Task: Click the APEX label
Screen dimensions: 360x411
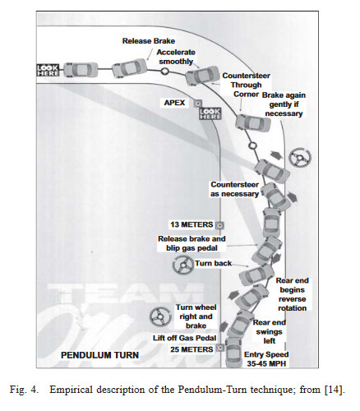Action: tap(174, 103)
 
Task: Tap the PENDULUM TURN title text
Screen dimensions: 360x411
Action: tap(99, 355)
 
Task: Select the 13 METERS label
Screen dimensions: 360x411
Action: tap(192, 224)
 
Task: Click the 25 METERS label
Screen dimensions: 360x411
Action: tap(192, 349)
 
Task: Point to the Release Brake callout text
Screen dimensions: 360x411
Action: tap(149, 41)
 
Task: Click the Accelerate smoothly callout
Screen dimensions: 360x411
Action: tap(176, 57)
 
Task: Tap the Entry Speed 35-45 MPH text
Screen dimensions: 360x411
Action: tap(266, 359)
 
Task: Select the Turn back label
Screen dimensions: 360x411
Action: tap(213, 263)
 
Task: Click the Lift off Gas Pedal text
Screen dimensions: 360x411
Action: tap(184, 338)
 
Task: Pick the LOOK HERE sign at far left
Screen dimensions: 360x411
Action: tap(48, 71)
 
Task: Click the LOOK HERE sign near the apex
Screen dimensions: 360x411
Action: tap(210, 113)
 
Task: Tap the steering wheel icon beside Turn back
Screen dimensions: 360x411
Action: tap(183, 266)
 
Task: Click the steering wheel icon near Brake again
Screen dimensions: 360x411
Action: tap(300, 158)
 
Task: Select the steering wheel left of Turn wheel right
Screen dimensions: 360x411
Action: tap(160, 317)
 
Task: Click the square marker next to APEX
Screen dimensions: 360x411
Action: tap(197, 104)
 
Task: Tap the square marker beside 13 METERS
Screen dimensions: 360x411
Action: tap(219, 225)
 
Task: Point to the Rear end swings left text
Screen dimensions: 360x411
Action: tap(269, 332)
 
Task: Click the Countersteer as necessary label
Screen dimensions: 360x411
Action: tap(235, 189)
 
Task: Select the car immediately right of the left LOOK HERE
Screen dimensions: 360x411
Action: tap(81, 70)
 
